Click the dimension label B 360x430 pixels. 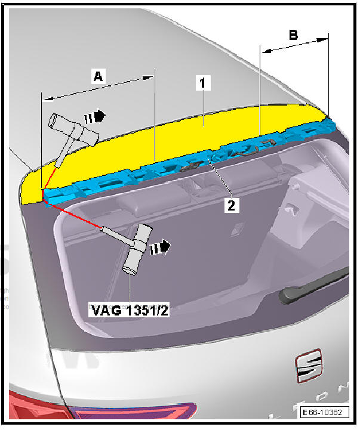(293, 35)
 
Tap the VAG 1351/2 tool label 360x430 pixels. (129, 311)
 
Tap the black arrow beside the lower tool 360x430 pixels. (161, 246)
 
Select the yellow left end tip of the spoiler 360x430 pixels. (30, 191)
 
